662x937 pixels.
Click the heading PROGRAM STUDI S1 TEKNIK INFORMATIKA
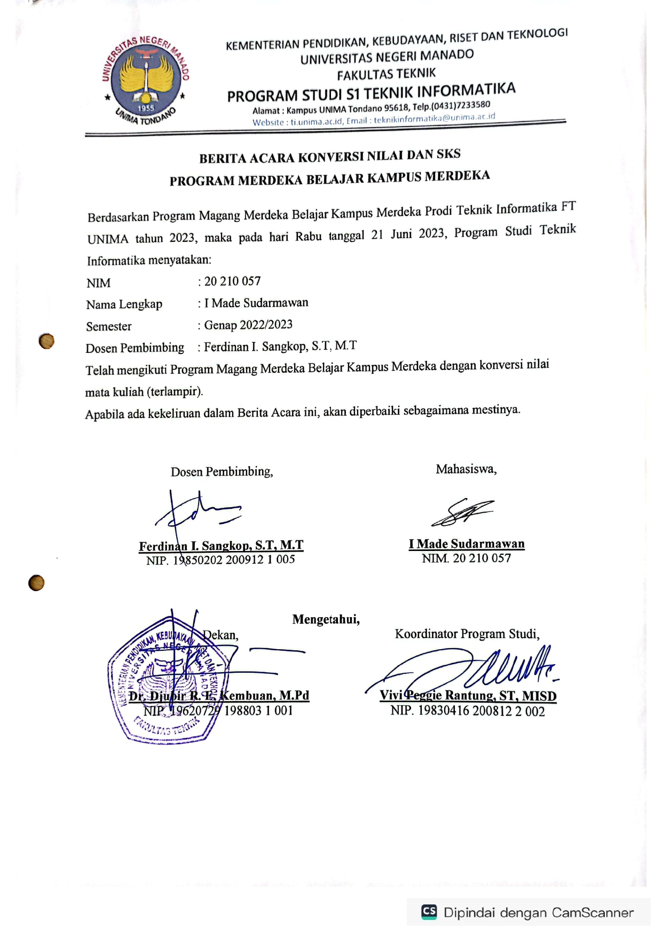[x=371, y=92]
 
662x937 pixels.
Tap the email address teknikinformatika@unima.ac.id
[x=434, y=118]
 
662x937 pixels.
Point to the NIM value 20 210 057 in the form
[x=232, y=281]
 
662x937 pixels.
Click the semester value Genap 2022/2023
[x=248, y=325]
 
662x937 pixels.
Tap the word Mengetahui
[x=326, y=619]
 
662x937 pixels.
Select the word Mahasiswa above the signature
[x=466, y=469]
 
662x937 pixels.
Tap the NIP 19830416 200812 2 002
[x=467, y=711]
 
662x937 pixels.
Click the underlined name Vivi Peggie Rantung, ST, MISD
[x=468, y=696]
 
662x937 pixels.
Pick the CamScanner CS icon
[x=429, y=912]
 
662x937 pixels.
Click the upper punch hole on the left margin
[x=46, y=341]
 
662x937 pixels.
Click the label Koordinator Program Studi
[x=467, y=634]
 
